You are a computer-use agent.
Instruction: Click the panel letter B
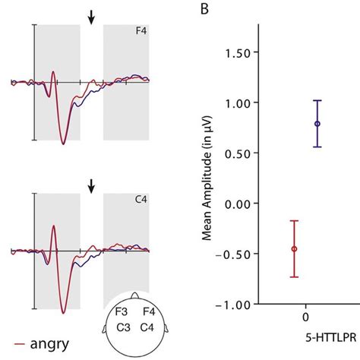point(205,10)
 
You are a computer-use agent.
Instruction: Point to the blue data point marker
point(317,123)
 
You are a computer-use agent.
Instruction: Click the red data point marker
point(294,248)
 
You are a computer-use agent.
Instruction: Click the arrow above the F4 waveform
point(91,16)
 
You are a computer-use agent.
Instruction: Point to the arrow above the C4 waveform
point(91,185)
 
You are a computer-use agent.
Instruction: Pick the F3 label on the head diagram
point(120,311)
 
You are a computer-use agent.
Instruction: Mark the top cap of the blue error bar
point(317,100)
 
